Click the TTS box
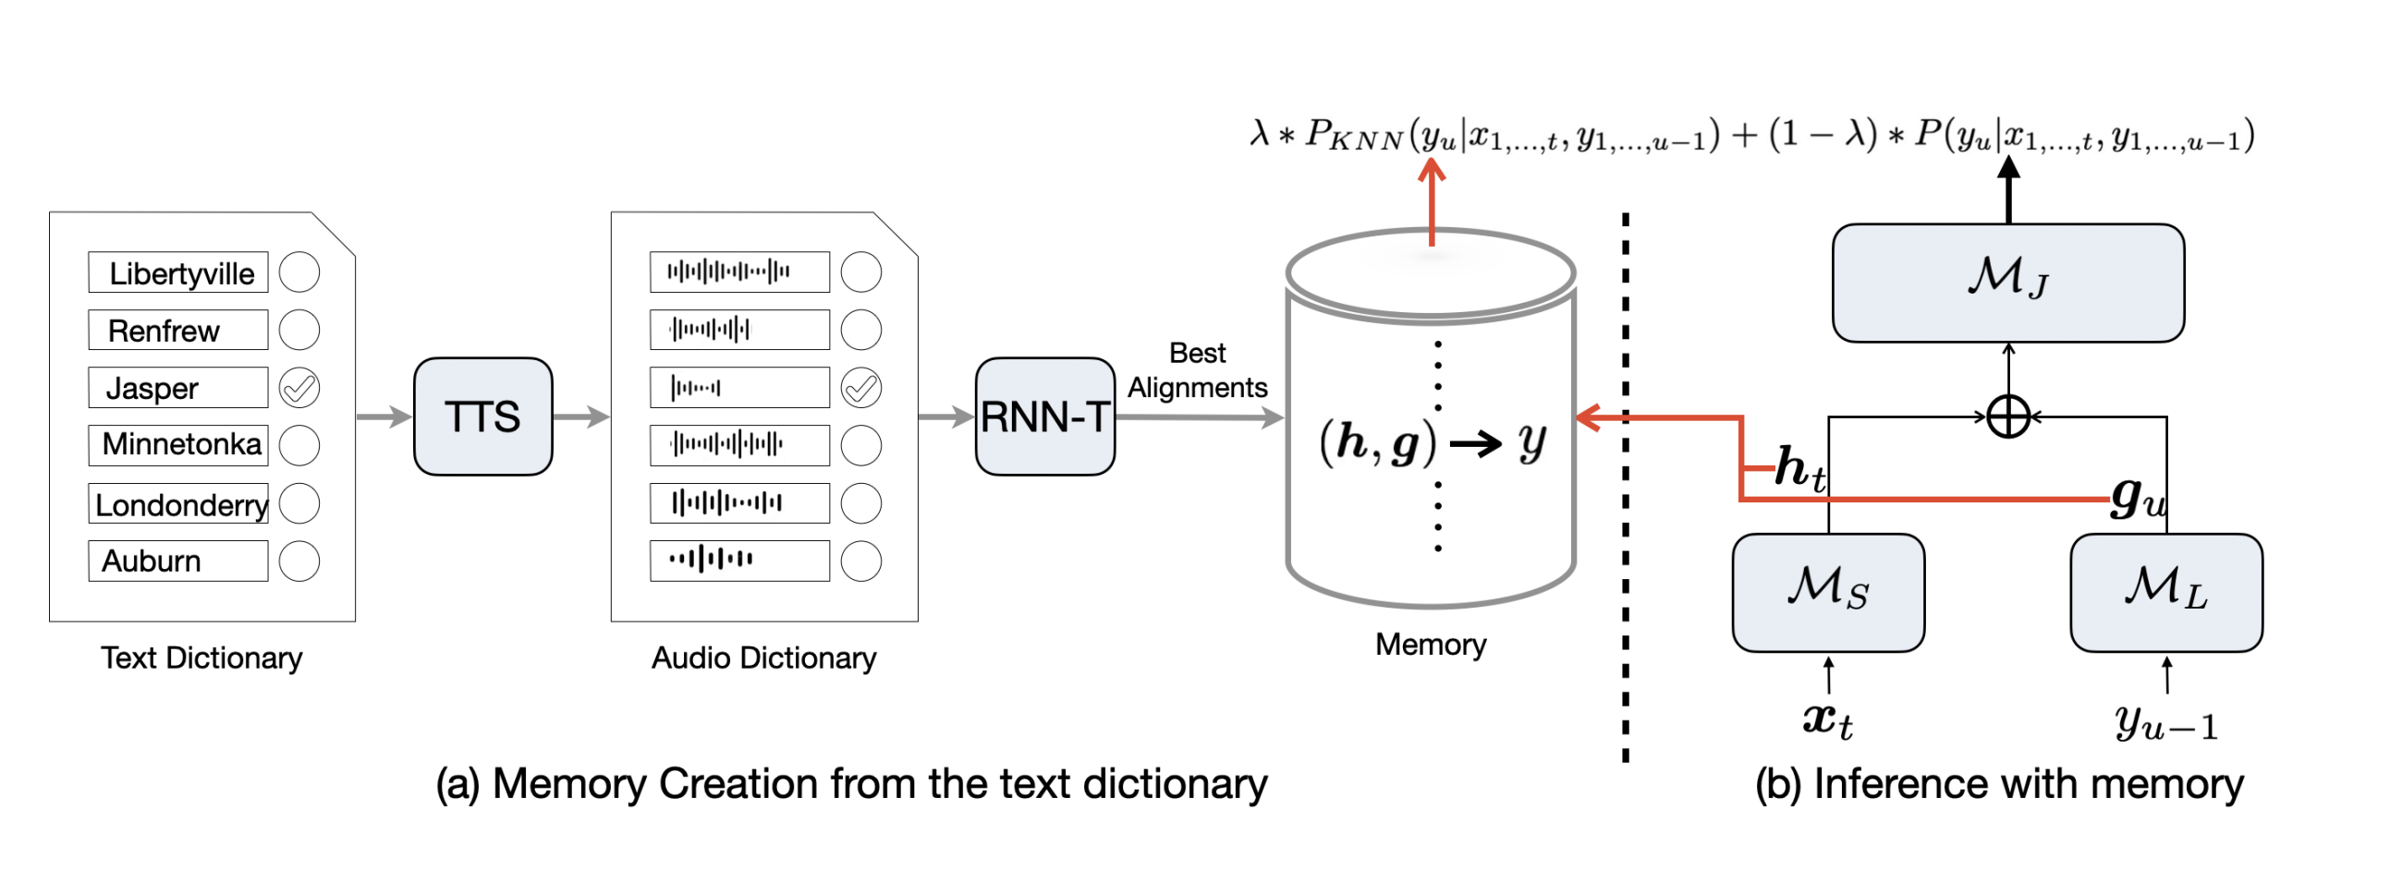click(x=482, y=416)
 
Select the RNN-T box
click(x=1044, y=416)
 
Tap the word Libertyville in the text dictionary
click(x=181, y=273)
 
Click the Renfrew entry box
click(x=178, y=330)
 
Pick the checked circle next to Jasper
click(x=299, y=388)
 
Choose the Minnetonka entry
click(x=178, y=445)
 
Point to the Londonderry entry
click(x=178, y=503)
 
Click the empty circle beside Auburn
click(x=299, y=561)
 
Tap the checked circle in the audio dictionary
click(x=861, y=388)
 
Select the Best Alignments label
click(x=1197, y=370)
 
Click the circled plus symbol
click(x=2008, y=416)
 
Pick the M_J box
click(x=2008, y=283)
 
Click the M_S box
click(x=1829, y=593)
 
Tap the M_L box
click(x=2166, y=593)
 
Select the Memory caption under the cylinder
click(x=1431, y=644)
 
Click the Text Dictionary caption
click(x=201, y=658)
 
